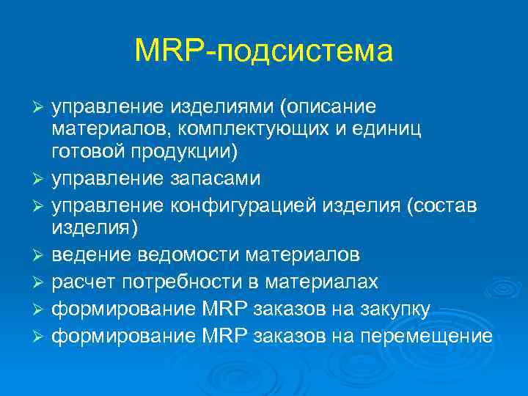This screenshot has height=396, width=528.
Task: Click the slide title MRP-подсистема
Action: pos(264,51)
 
